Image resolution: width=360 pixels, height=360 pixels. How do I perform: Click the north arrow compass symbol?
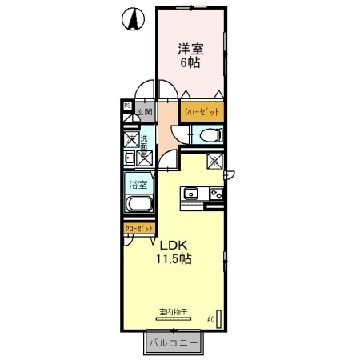click(132, 18)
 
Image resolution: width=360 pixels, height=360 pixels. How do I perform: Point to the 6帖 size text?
click(190, 63)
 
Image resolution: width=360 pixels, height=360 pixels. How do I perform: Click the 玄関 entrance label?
click(144, 112)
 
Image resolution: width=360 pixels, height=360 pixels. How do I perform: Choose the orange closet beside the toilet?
click(202, 112)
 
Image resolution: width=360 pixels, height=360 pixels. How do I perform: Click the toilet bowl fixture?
click(210, 134)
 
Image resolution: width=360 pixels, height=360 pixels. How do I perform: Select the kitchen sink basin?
click(192, 193)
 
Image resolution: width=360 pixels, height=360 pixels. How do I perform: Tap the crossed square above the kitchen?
click(214, 162)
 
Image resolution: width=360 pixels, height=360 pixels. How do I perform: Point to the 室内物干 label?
click(172, 313)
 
